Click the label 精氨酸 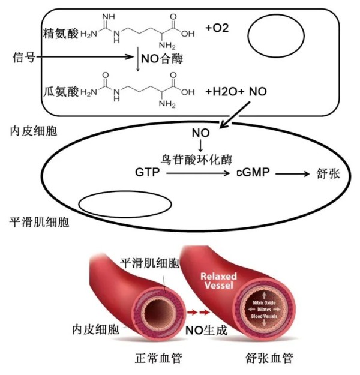tap(61, 34)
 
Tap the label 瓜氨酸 tap(61, 92)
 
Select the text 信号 tap(24, 58)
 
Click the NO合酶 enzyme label tap(162, 59)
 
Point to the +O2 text tap(217, 28)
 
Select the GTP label tap(147, 172)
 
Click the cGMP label tap(253, 172)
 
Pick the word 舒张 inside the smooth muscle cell tap(328, 173)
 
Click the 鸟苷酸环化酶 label tap(196, 160)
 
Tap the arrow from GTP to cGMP tap(198, 173)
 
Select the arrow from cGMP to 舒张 tap(292, 174)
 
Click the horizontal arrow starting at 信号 tap(85, 57)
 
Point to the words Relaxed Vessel tap(218, 281)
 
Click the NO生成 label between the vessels tap(206, 331)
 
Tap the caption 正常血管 tap(158, 358)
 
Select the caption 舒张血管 tap(269, 358)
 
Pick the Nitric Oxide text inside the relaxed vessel tap(264, 303)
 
